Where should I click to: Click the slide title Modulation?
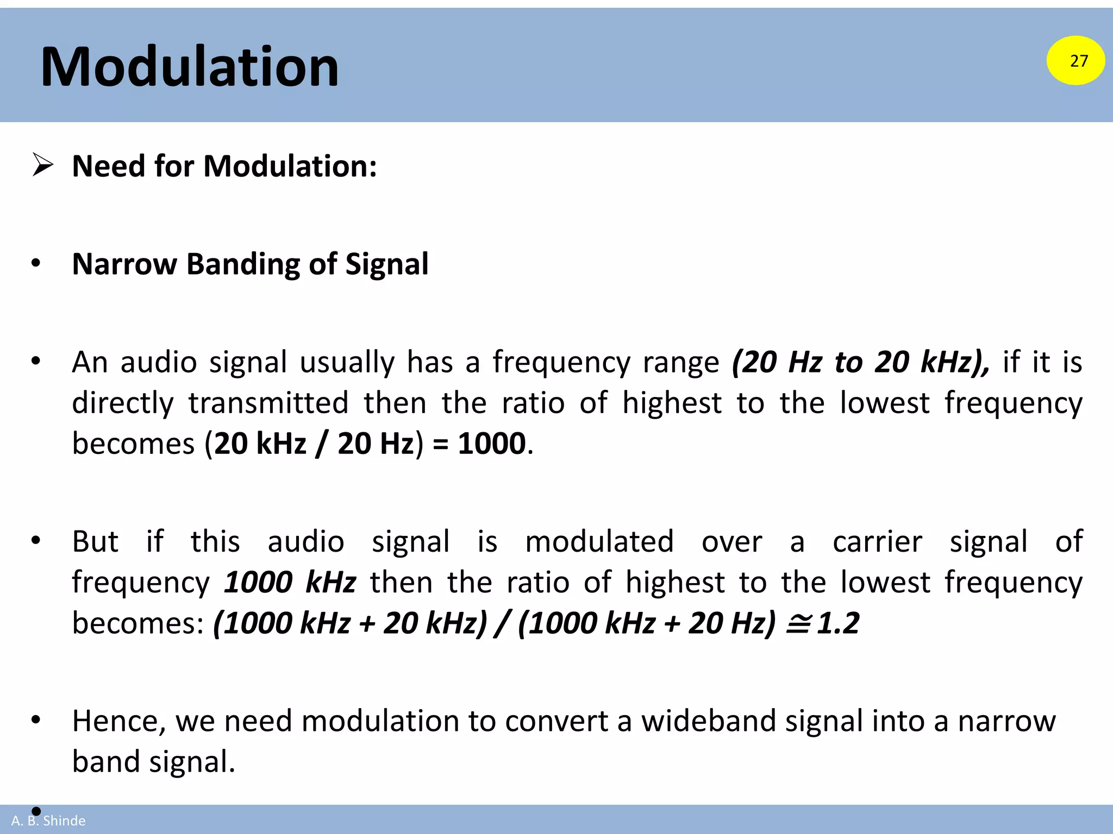(189, 67)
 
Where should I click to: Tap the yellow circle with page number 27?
(1076, 60)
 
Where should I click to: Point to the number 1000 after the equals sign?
(491, 444)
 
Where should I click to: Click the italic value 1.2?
(838, 623)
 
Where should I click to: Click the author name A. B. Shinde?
(48, 820)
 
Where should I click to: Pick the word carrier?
(877, 541)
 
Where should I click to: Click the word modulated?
(599, 541)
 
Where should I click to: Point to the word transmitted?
(268, 403)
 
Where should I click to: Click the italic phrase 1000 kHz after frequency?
(290, 582)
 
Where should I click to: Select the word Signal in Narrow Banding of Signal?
(387, 264)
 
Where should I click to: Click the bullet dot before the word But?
(36, 540)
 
